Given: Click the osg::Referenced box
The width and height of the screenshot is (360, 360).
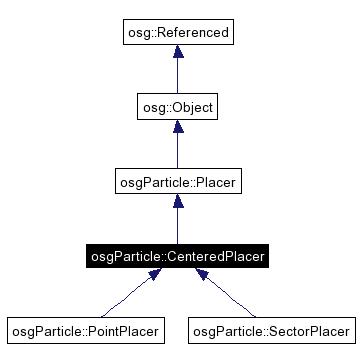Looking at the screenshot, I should pos(177,33).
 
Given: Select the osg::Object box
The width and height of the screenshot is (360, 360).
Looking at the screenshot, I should pos(177,106).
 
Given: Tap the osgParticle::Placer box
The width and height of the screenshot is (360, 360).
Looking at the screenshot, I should pos(177,182).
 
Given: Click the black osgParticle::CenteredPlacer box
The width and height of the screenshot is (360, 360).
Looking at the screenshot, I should pos(176,256).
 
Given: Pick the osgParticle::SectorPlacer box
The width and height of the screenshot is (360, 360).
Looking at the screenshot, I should pos(271,329).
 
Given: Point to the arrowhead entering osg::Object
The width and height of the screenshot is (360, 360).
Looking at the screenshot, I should pos(177,126).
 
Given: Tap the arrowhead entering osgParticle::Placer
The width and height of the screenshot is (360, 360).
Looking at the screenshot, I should pos(177,202).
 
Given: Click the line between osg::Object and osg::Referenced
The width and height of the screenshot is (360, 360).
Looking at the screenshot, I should pos(177,76).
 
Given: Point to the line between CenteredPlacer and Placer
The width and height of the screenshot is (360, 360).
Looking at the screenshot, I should pos(177,226).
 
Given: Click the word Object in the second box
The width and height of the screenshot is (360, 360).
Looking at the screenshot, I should pos(192,106).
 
